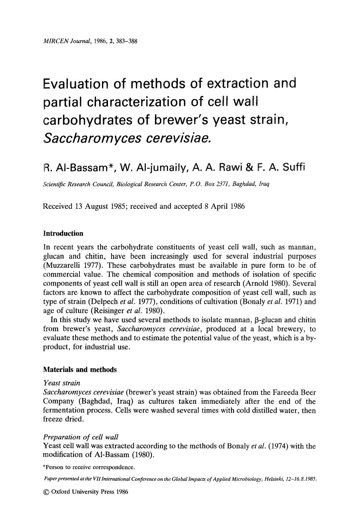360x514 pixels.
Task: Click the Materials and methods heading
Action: point(79,370)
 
